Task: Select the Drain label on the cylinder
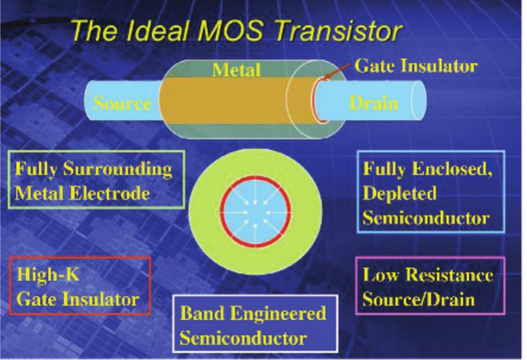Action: (373, 103)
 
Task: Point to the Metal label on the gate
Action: (237, 70)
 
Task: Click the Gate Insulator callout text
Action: (415, 66)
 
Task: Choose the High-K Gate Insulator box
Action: (80, 285)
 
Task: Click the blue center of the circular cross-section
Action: (255, 210)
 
